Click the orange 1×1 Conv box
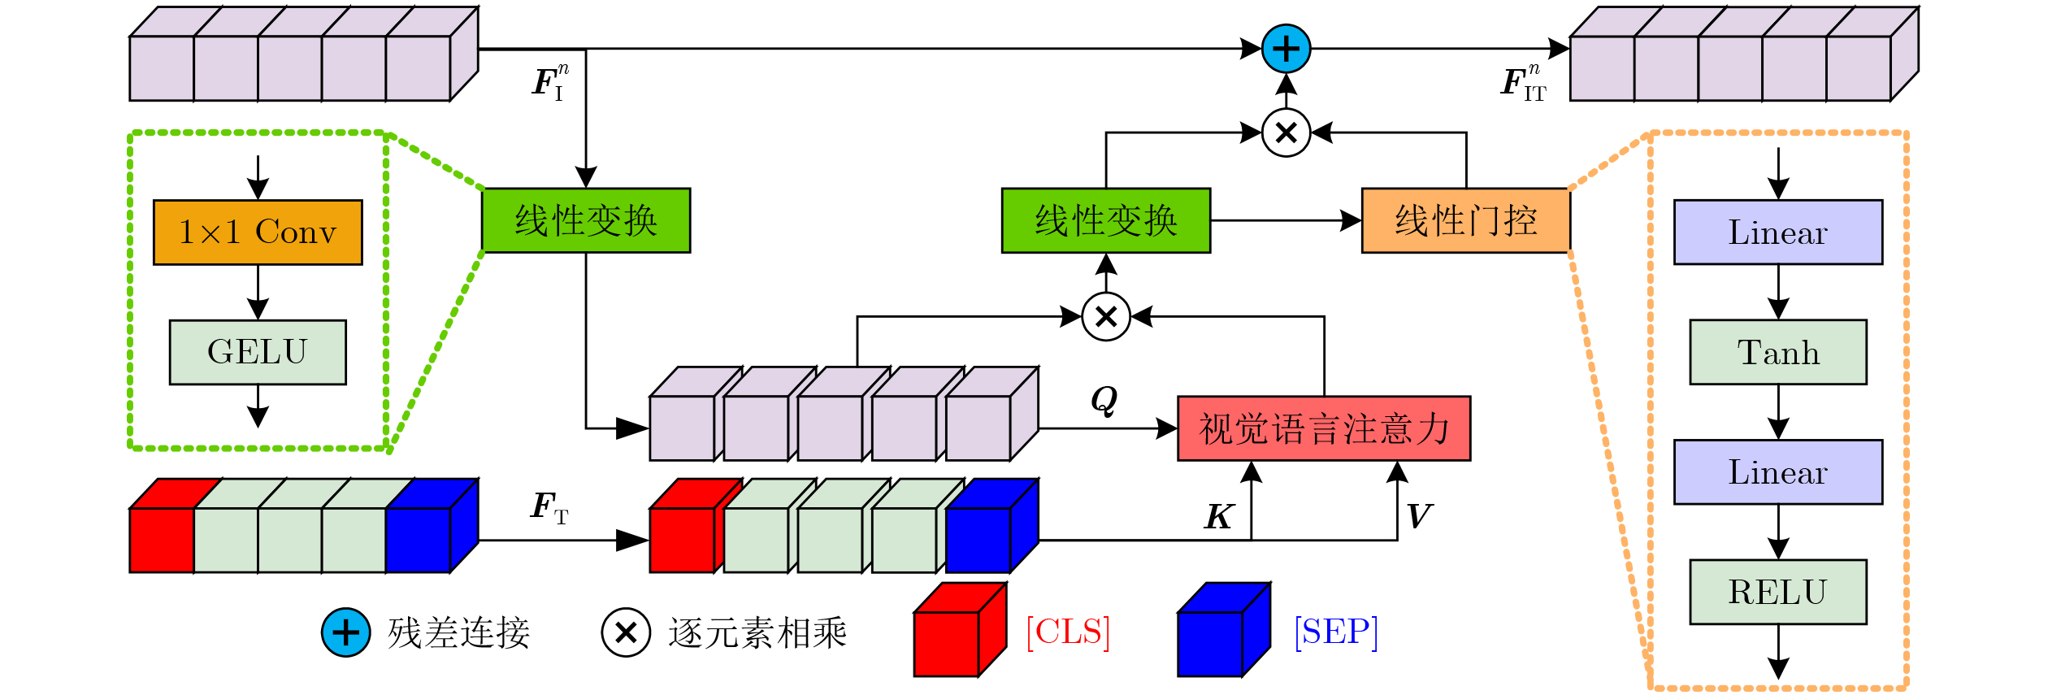click(x=258, y=232)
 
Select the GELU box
click(x=258, y=352)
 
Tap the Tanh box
click(x=1778, y=352)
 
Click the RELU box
click(x=1778, y=592)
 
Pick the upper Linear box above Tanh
click(x=1778, y=232)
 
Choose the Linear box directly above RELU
click(x=1778, y=472)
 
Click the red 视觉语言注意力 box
click(x=1324, y=428)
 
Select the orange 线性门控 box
click(x=1466, y=220)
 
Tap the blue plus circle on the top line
click(x=1287, y=49)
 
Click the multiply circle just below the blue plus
click(x=1287, y=132)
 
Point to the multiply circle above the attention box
click(x=1106, y=316)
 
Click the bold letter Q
click(x=1104, y=400)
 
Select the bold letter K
click(x=1219, y=517)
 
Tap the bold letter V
click(x=1419, y=515)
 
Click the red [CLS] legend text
click(x=1068, y=632)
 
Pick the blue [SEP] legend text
click(x=1336, y=632)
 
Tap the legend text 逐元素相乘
click(x=757, y=633)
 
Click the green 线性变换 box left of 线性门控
click(x=1106, y=220)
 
